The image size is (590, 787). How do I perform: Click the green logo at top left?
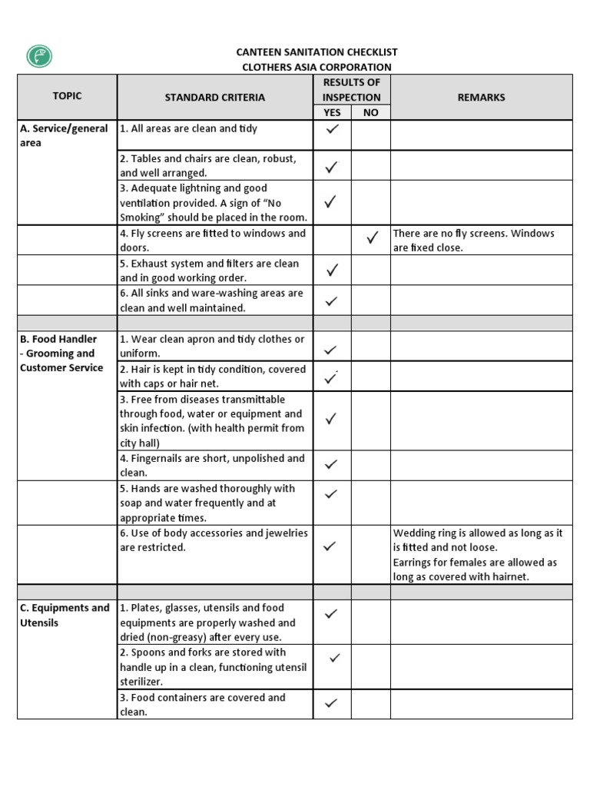pos(39,57)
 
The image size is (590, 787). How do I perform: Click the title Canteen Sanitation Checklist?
pos(317,52)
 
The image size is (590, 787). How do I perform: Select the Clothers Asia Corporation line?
pos(317,67)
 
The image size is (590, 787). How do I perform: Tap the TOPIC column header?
pos(68,96)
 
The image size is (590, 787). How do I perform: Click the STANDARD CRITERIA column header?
pos(215,98)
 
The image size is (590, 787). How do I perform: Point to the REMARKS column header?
pos(481,98)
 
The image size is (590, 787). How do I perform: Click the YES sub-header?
pos(332,112)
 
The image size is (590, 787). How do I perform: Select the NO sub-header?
pos(371,112)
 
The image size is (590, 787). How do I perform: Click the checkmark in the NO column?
pos(372,239)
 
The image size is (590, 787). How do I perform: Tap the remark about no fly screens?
pos(473,241)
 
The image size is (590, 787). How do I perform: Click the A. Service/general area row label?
pos(64,135)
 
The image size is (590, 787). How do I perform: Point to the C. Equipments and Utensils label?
pos(65,615)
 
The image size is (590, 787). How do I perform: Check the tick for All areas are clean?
pos(332,130)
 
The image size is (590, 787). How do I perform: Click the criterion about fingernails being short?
pos(212,465)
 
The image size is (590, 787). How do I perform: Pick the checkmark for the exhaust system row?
pos(332,270)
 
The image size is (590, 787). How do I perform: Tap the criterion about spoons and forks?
pos(213,666)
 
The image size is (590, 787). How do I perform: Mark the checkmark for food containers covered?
pos(332,702)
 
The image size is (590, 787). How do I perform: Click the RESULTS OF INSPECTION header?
pos(351,90)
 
